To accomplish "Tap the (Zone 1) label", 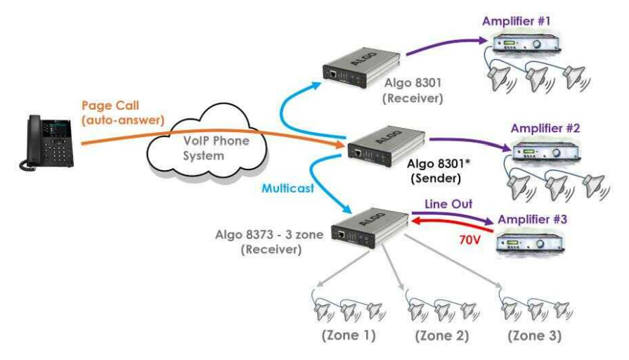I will tap(348, 336).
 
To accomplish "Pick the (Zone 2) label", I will tap(441, 336).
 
